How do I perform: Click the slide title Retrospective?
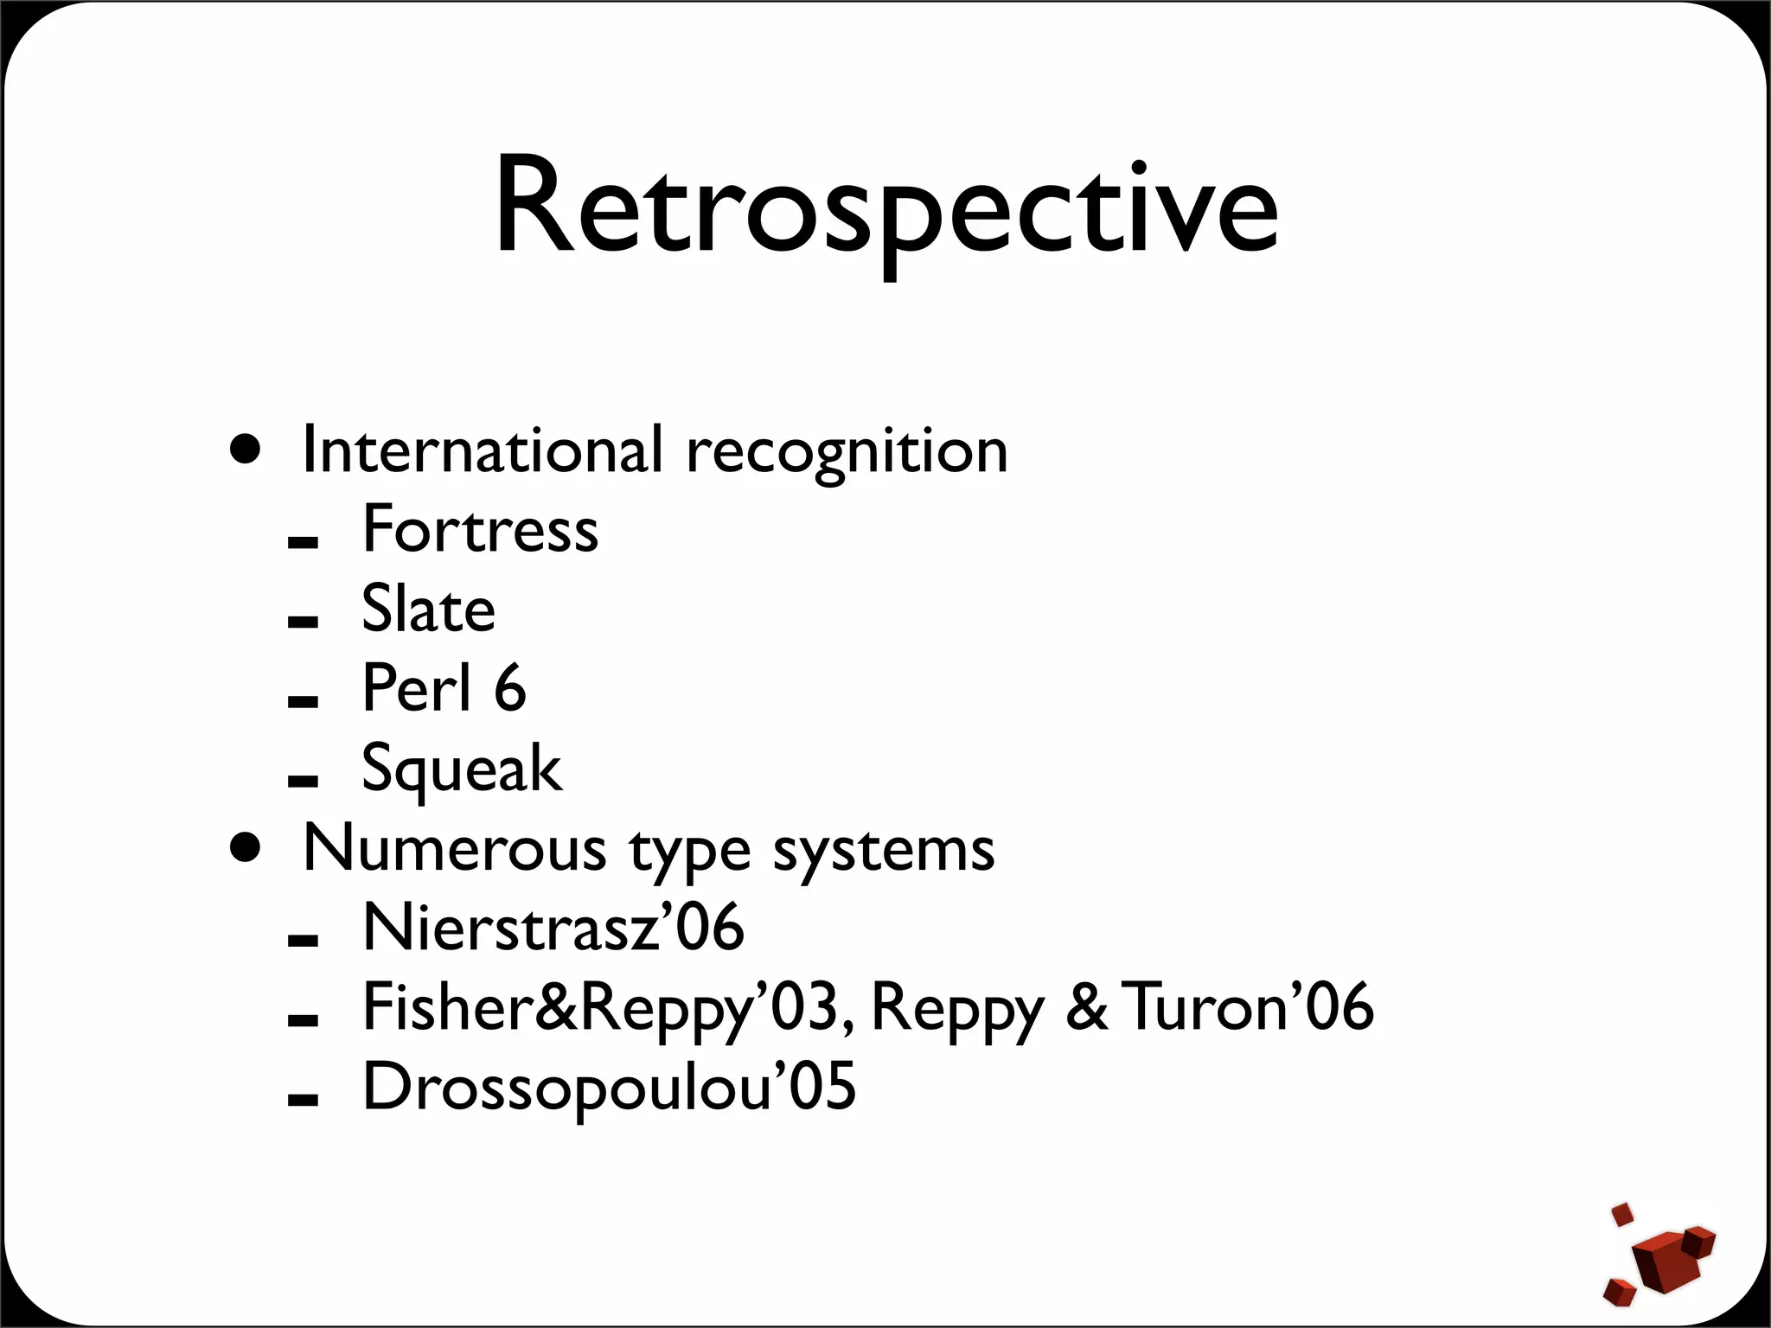click(x=885, y=207)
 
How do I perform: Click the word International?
click(x=483, y=450)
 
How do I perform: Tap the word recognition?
click(x=847, y=452)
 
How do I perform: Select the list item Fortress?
click(x=480, y=529)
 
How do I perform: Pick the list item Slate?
click(x=428, y=609)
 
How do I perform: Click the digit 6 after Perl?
click(x=510, y=688)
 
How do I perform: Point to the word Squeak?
click(x=462, y=769)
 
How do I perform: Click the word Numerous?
click(x=455, y=848)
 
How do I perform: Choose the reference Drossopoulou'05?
click(x=609, y=1088)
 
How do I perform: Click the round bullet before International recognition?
click(x=246, y=450)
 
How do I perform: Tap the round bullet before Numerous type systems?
click(x=246, y=848)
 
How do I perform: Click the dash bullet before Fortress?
click(x=303, y=543)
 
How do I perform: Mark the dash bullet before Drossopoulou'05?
click(x=303, y=1100)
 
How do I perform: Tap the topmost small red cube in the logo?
click(x=1623, y=1214)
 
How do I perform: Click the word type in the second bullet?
click(x=689, y=852)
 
